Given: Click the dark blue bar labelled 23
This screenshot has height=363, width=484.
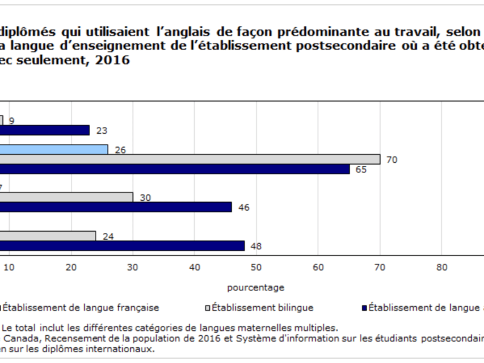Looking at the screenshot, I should click(45, 130).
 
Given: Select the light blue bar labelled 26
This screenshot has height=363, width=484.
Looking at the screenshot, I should click(54, 149).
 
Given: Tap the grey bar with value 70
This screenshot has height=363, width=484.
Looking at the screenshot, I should click(190, 159).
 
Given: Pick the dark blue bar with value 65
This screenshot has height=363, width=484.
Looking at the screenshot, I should click(175, 169).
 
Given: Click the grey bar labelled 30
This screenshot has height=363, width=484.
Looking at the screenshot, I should click(67, 197).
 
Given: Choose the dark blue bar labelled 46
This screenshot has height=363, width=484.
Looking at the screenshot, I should click(116, 207).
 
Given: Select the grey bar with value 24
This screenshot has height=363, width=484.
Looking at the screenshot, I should click(48, 236).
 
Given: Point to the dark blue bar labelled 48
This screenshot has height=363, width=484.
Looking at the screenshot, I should click(122, 246).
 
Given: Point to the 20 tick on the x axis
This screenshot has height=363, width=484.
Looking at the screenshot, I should click(71, 268).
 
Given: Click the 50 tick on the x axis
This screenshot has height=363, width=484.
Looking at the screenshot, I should click(256, 268).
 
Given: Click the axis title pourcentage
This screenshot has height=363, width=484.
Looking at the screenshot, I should click(255, 287).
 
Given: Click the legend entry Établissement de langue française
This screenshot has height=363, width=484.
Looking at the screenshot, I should click(80, 307).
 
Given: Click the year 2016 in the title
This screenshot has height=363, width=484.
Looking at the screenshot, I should click(113, 61).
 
